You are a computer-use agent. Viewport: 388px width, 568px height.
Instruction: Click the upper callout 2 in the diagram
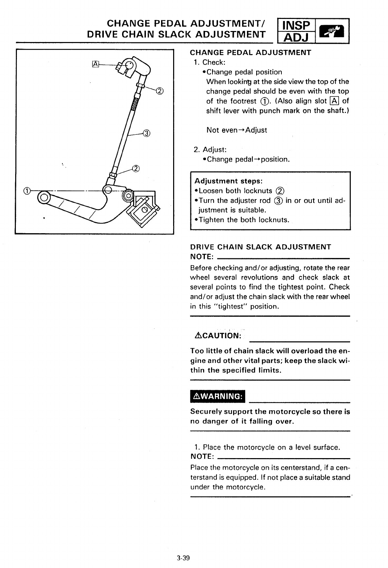(159, 91)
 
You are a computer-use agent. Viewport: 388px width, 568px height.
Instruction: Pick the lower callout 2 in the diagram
(136, 168)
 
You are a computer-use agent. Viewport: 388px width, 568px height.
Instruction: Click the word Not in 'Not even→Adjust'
(212, 130)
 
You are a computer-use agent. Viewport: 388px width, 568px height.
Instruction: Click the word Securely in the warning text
(206, 412)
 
